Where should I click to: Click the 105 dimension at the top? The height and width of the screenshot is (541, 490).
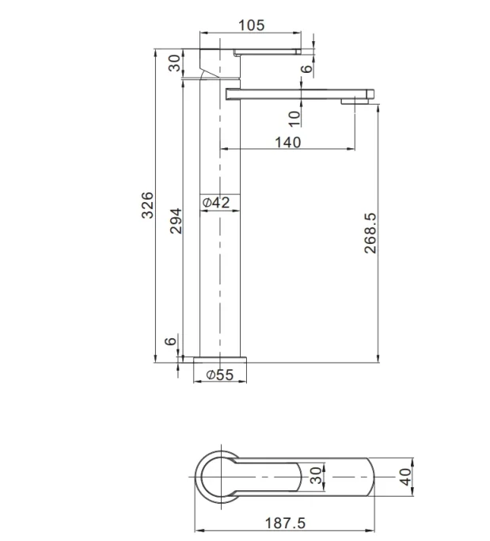click(x=250, y=25)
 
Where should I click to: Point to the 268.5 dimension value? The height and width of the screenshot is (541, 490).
click(x=370, y=232)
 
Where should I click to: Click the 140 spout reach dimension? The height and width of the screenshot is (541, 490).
click(x=287, y=142)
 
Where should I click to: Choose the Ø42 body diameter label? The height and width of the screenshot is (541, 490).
click(x=216, y=204)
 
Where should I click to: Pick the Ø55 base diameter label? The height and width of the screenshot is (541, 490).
click(x=219, y=375)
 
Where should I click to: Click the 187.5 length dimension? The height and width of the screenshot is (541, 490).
click(x=285, y=523)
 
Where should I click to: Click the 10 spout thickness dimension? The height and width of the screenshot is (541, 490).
click(x=294, y=117)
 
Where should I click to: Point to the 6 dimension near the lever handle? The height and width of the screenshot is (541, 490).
click(x=306, y=70)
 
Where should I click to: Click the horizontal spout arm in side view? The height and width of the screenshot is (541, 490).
click(x=301, y=93)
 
